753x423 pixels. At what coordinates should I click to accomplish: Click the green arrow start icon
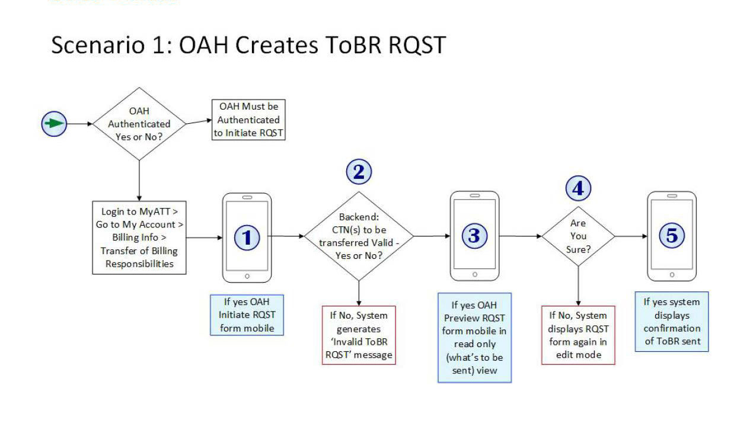click(54, 124)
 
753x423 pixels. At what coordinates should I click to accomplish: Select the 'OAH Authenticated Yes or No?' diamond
click(139, 124)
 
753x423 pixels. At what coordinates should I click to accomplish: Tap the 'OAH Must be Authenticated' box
click(248, 120)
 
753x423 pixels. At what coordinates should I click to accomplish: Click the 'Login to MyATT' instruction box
click(139, 238)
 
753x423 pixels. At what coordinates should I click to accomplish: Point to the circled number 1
click(247, 238)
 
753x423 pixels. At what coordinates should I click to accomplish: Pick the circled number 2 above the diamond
click(359, 172)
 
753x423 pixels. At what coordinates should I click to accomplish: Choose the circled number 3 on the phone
click(474, 236)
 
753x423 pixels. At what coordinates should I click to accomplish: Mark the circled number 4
click(578, 188)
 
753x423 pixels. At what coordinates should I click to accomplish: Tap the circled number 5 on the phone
click(672, 236)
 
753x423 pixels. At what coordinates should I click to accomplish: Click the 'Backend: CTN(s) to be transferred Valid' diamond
click(359, 236)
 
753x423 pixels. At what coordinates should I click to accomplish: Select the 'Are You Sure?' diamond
click(578, 236)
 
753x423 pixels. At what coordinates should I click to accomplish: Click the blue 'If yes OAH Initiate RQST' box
click(247, 315)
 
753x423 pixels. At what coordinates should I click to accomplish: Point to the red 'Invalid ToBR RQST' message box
click(359, 335)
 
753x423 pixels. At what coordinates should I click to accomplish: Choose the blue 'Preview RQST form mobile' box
click(474, 338)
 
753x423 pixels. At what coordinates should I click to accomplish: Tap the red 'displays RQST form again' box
click(578, 335)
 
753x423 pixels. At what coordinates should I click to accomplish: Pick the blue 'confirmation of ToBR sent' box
click(672, 322)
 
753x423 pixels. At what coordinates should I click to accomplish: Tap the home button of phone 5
click(672, 274)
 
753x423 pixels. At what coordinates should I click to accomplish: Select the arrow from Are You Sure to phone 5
click(631, 236)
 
